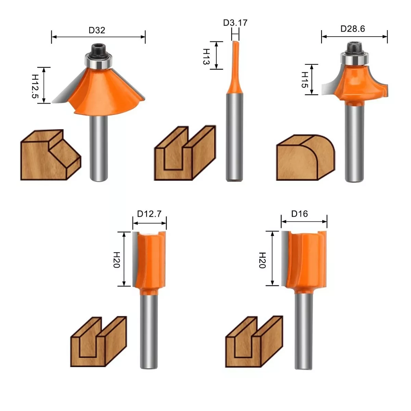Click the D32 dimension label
97,30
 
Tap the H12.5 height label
35,86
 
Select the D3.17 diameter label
235,23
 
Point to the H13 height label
206,57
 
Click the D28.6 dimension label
353,28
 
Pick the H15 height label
305,79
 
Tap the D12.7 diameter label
149,213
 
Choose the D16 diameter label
299,213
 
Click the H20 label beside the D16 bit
262,260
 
